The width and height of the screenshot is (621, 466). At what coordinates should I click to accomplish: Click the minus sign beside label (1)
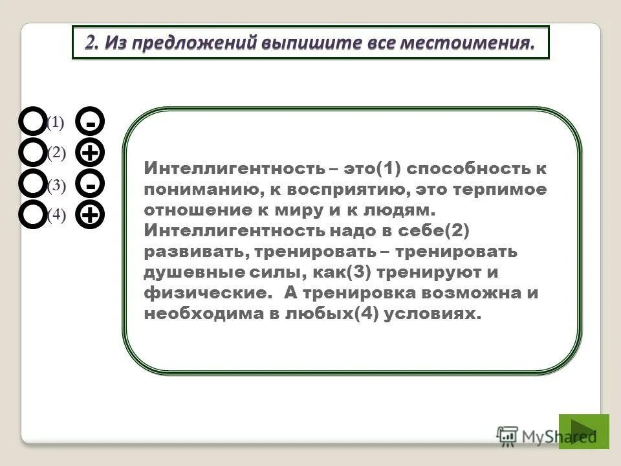[x=91, y=122]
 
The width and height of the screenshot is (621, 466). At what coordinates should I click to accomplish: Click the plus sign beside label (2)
[x=91, y=153]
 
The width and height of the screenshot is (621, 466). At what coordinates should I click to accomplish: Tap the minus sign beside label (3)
[x=91, y=185]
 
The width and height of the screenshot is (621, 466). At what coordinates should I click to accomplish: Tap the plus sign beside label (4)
[x=91, y=215]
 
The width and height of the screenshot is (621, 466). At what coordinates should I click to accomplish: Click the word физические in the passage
[x=204, y=293]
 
